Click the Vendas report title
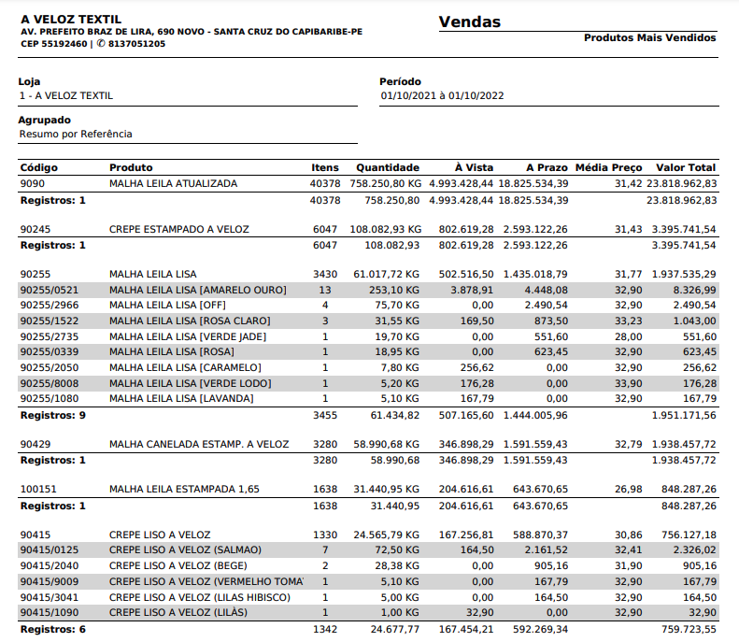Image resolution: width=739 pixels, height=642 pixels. (x=469, y=22)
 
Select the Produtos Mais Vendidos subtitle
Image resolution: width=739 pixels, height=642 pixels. (x=649, y=38)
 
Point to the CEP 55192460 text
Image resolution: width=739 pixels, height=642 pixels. (x=53, y=44)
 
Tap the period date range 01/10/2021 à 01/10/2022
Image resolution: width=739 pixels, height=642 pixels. (x=442, y=96)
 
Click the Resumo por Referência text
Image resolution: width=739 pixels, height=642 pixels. (x=76, y=135)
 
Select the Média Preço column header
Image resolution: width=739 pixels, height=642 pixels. (x=608, y=168)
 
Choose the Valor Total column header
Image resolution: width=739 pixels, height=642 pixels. (x=686, y=168)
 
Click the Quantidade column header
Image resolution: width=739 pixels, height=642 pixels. (x=388, y=168)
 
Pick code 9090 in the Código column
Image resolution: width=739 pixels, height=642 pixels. (x=33, y=184)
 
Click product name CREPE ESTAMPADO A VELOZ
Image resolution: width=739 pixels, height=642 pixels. (x=179, y=229)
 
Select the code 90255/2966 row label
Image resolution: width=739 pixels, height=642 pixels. (x=50, y=306)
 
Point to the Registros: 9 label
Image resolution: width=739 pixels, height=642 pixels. (x=53, y=415)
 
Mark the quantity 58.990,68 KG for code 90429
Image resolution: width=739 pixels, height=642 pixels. (x=385, y=444)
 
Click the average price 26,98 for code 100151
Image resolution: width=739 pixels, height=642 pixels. (x=628, y=489)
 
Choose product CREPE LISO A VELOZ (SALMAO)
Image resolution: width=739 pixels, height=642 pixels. (x=186, y=549)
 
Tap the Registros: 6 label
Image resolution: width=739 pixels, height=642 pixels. (x=53, y=628)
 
